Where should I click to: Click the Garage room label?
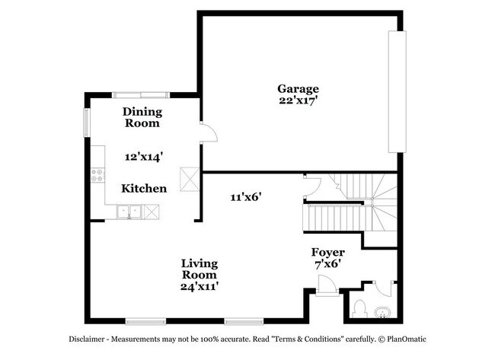tap(298, 88)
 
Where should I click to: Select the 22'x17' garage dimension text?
tap(298, 99)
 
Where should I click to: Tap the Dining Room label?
tap(142, 117)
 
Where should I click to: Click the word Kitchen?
tap(144, 188)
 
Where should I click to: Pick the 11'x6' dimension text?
tap(246, 196)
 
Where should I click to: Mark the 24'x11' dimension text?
tap(199, 287)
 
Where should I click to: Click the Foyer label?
tap(328, 252)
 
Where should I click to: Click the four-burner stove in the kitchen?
tap(97, 177)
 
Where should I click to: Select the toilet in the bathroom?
tap(361, 310)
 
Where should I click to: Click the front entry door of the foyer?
tap(327, 287)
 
